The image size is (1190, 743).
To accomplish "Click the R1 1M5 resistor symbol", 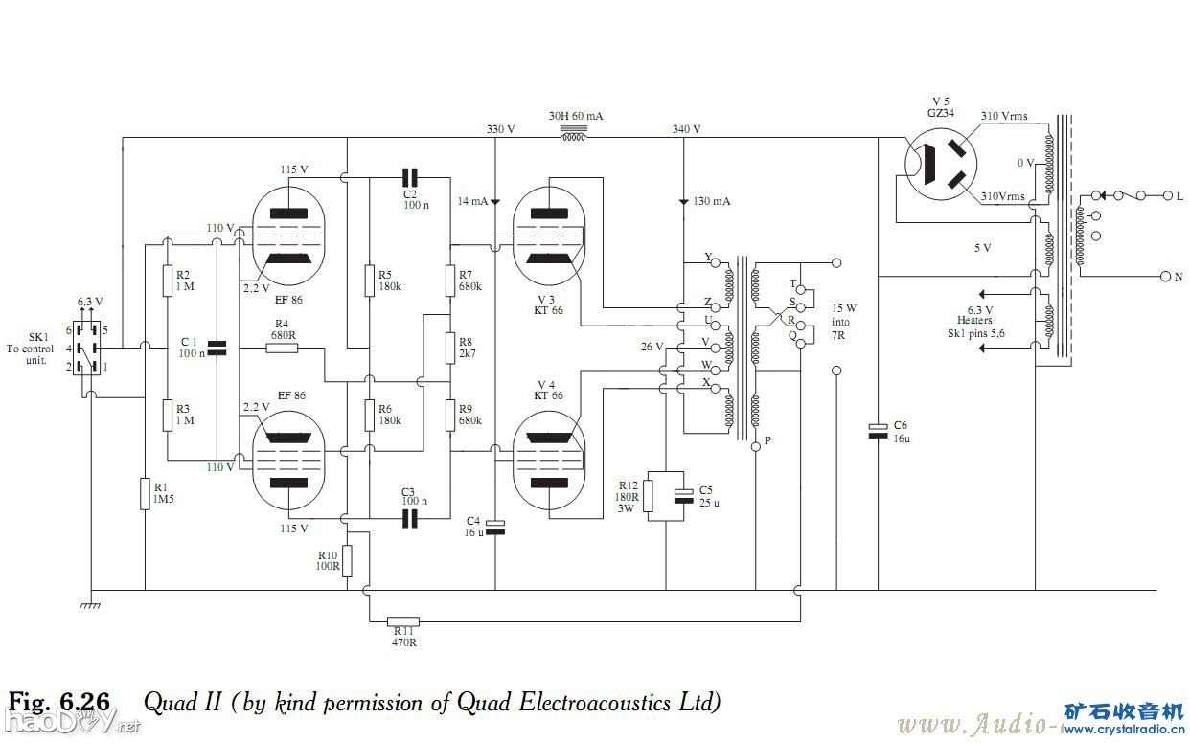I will (145, 495).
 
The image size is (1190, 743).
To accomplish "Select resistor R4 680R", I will (282, 348).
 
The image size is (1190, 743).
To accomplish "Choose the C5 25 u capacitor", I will (682, 495).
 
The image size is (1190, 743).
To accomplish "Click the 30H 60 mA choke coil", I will (574, 137).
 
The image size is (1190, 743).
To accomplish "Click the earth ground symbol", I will (91, 604).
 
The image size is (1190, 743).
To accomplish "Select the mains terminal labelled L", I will (1166, 196).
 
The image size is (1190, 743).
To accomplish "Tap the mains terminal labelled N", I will (1166, 277).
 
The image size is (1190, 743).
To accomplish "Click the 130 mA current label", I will (710, 202).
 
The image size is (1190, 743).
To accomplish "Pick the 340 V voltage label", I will (686, 129).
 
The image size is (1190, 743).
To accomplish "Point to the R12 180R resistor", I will (648, 495).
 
